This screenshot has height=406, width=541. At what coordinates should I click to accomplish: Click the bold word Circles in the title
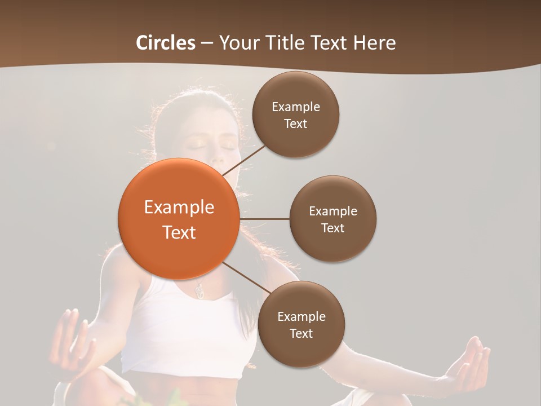point(166,43)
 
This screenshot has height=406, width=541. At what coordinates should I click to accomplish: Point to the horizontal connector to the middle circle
point(264,219)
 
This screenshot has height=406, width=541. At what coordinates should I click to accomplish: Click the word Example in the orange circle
point(179,208)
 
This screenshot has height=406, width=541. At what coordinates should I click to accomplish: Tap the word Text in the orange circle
point(179,232)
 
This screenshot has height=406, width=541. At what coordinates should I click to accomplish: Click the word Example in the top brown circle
point(296,107)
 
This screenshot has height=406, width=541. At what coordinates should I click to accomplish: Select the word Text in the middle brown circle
point(332,228)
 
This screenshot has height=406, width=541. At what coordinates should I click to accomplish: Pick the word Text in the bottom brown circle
point(301,334)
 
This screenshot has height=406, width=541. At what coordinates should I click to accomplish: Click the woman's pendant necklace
point(199,290)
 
